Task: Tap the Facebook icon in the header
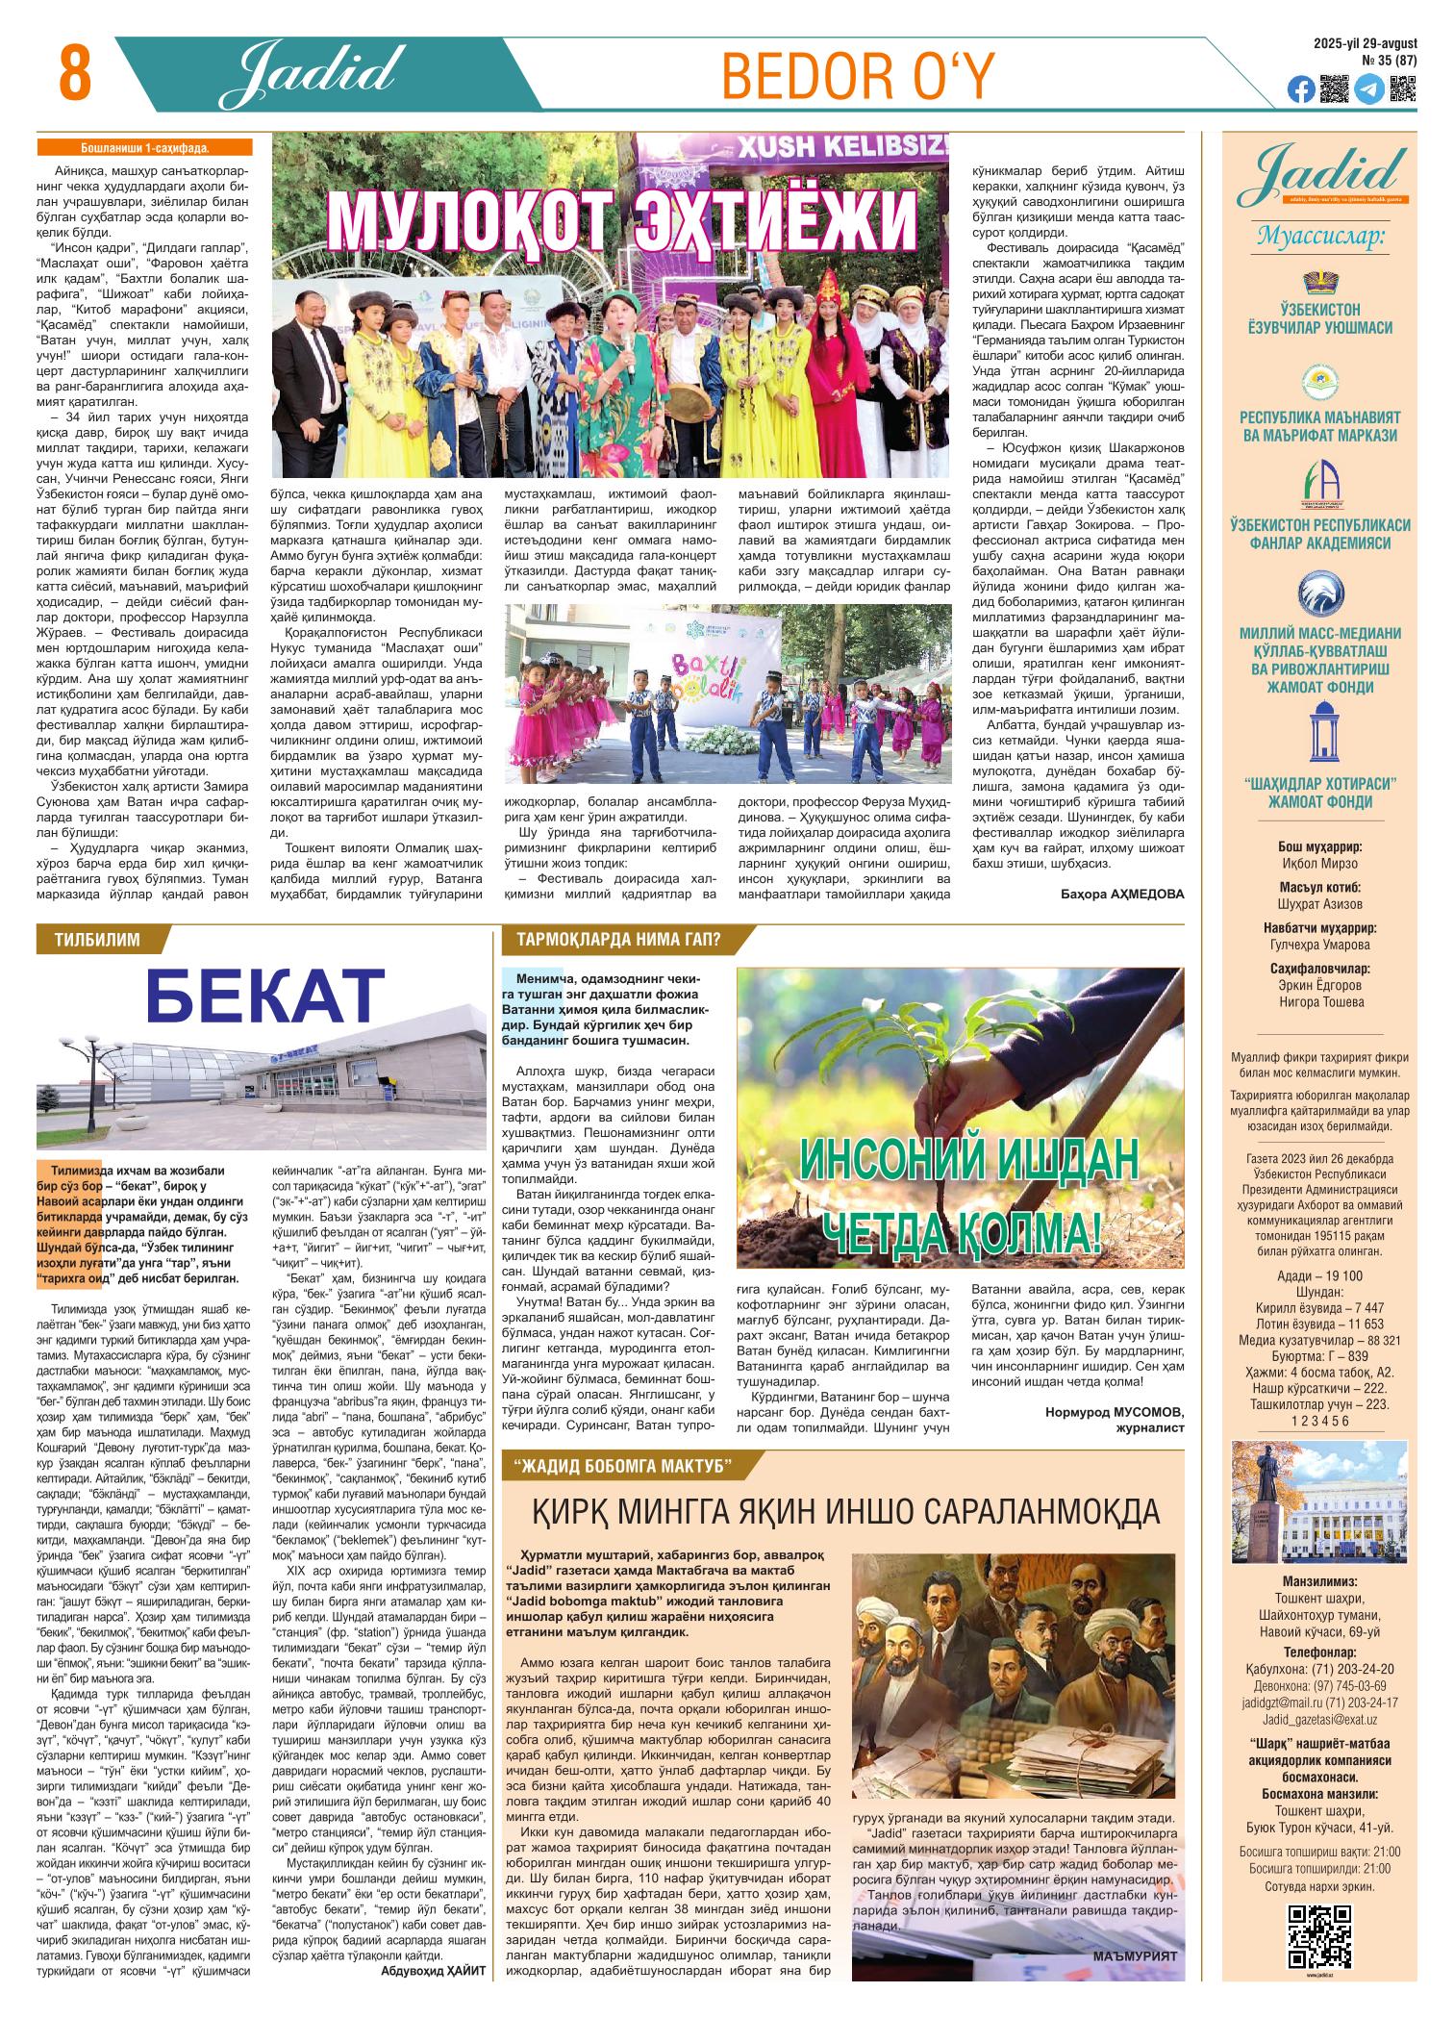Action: click(x=1300, y=89)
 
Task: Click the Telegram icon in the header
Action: click(x=1369, y=89)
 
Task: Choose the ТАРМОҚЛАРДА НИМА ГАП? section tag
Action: click(x=618, y=940)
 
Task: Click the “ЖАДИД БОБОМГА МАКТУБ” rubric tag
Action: click(x=624, y=1466)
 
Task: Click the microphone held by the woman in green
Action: click(x=630, y=360)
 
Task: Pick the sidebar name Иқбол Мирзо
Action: click(x=1318, y=864)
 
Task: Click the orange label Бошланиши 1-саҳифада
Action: click(x=144, y=148)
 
